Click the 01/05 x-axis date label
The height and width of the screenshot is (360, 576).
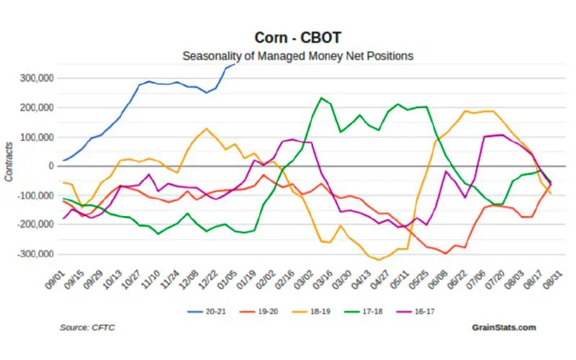228,277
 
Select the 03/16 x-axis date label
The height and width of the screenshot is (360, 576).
323,277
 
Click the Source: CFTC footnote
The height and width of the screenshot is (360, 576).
87,328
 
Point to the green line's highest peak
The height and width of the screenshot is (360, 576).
321,98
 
